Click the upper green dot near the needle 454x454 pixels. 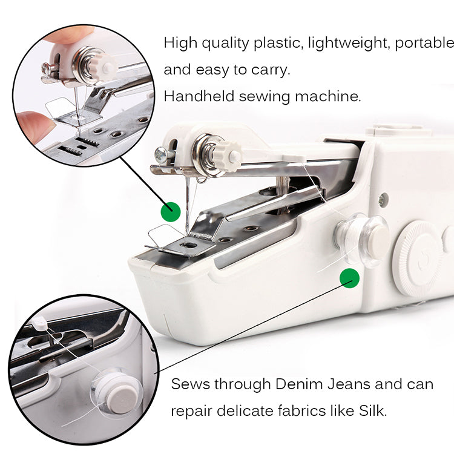pyautogui.click(x=171, y=211)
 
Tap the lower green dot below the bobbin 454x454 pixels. pyautogui.click(x=349, y=278)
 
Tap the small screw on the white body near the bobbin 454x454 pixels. pyautogui.click(x=381, y=199)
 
